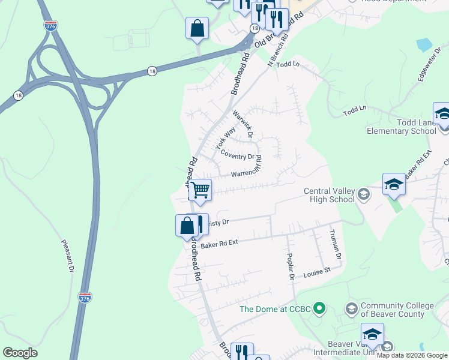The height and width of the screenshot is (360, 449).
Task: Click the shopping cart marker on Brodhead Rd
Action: [x=200, y=190]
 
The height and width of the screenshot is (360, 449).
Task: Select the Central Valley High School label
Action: [x=329, y=196]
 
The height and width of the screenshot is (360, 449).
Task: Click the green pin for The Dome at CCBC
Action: [x=320, y=309]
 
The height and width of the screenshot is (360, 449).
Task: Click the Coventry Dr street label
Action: [x=237, y=155]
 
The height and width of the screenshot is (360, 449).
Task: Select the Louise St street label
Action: [x=317, y=272]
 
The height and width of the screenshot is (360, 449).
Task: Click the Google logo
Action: [x=20, y=353]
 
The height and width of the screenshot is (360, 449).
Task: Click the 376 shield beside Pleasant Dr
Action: [x=85, y=297]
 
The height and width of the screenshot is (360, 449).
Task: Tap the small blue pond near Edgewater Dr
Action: [x=423, y=45]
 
